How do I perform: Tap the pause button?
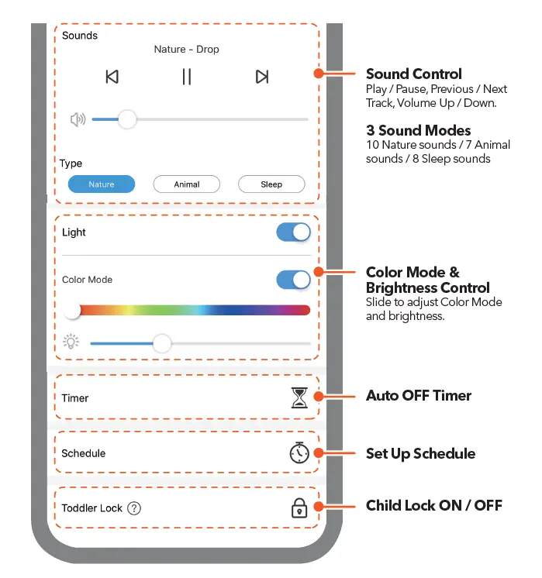[x=186, y=77]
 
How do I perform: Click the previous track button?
[x=112, y=77]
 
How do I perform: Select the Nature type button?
[x=102, y=184]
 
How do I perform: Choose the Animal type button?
[x=187, y=184]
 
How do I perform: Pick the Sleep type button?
[x=271, y=184]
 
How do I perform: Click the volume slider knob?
[x=126, y=119]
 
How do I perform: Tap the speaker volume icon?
[x=78, y=119]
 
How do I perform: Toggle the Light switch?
[x=293, y=232]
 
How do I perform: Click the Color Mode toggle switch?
[x=293, y=280]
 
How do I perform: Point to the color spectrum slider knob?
[x=73, y=311]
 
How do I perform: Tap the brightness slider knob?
[x=161, y=343]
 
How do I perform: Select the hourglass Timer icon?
[x=299, y=398]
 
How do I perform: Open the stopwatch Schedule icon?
[x=299, y=453]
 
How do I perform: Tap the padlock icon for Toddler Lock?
[x=299, y=508]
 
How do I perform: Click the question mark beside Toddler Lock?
[x=135, y=508]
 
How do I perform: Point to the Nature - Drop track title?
[x=186, y=50]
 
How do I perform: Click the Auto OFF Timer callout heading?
[x=419, y=396]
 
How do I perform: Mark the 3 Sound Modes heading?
[x=419, y=130]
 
